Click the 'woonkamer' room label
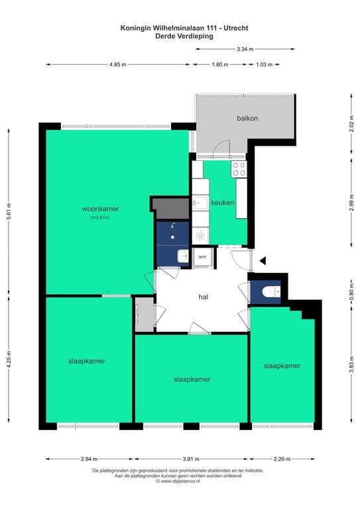click(x=100, y=209)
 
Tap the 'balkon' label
click(x=247, y=118)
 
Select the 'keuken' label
click(x=223, y=203)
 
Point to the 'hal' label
click(x=204, y=297)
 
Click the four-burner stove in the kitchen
click(x=239, y=169)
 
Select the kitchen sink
click(x=200, y=203)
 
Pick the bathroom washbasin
click(x=183, y=256)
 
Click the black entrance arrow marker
click(x=263, y=260)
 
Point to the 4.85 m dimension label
click(x=118, y=64)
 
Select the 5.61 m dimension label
click(x=9, y=211)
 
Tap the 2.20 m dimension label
click(x=282, y=459)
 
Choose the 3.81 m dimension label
click(x=191, y=459)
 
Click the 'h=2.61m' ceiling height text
click(x=100, y=217)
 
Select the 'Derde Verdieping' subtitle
click(x=184, y=36)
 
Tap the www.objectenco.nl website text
click(x=178, y=481)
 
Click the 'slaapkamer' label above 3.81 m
click(x=192, y=379)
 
